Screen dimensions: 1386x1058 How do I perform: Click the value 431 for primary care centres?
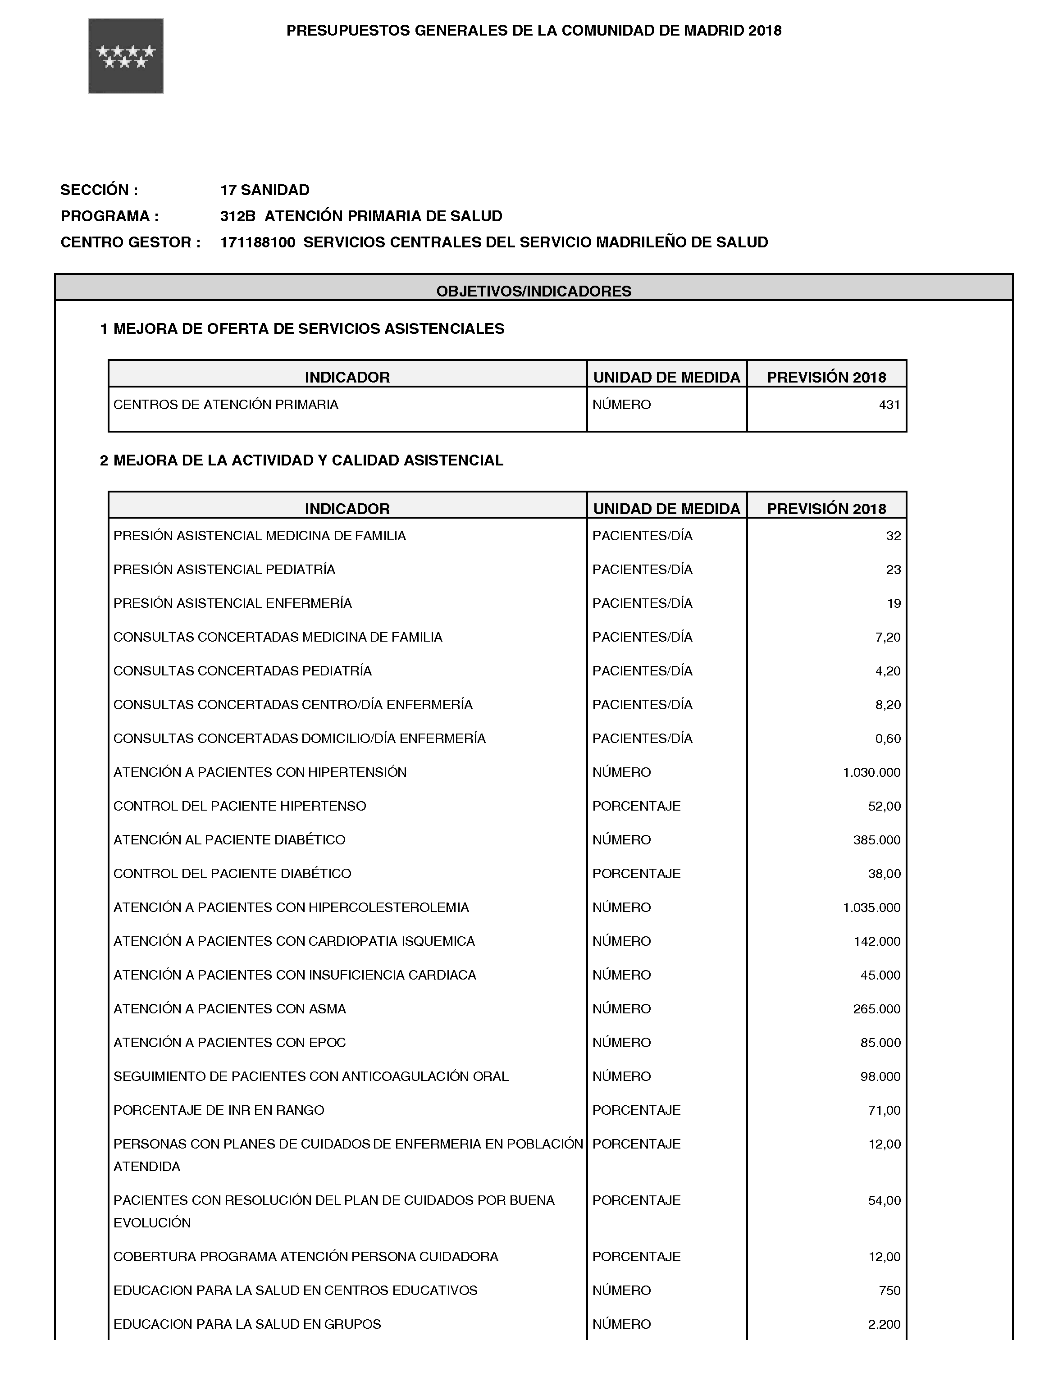tap(889, 405)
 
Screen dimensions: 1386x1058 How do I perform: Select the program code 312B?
tap(237, 216)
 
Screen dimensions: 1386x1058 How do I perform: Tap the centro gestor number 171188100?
tap(258, 242)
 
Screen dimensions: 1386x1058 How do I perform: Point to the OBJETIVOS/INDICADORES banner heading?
tap(534, 291)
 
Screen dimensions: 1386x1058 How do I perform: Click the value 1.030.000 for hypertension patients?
tap(871, 772)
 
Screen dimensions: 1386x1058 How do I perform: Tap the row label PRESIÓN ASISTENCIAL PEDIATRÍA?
tap(224, 569)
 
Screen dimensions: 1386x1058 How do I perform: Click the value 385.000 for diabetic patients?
tap(876, 839)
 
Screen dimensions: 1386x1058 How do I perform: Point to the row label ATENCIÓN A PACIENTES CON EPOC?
tap(229, 1042)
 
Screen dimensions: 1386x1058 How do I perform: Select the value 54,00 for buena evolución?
tap(884, 1200)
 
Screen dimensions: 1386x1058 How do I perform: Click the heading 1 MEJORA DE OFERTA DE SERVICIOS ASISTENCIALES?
tap(302, 329)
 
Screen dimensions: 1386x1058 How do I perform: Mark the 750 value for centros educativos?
tap(889, 1290)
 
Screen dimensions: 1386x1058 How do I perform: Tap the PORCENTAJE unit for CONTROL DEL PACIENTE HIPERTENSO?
tap(636, 806)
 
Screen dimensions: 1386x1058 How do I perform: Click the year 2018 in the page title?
tap(765, 31)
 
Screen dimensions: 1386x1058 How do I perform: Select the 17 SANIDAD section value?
tap(264, 190)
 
